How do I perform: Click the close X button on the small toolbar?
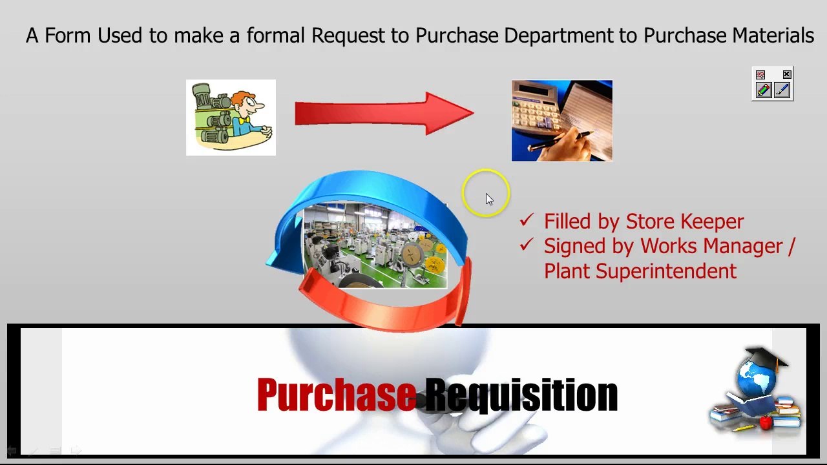[x=787, y=74]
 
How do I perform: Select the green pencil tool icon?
[x=764, y=90]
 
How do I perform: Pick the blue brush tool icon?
[x=782, y=90]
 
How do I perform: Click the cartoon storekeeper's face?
[x=248, y=106]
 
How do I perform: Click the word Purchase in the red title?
[x=336, y=395]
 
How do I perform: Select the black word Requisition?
[x=521, y=395]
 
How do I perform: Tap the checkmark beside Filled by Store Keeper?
[x=527, y=221]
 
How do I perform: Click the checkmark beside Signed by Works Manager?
[x=527, y=245]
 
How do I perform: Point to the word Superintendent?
[x=666, y=271]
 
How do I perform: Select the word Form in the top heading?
[x=68, y=36]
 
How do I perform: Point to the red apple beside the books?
[x=766, y=423]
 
